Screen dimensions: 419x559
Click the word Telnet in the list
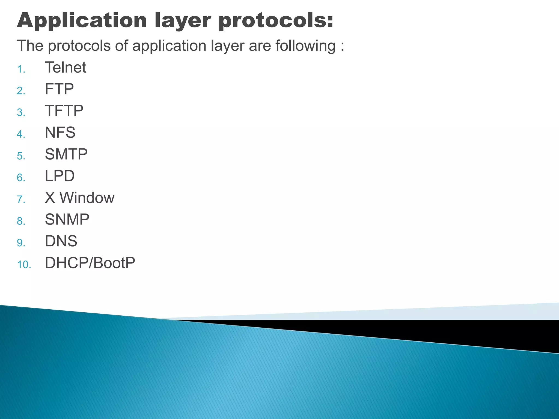66,67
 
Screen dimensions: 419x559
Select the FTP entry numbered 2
59,89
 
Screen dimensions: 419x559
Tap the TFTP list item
64,111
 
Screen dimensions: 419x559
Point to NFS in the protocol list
60,133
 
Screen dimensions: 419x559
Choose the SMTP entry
66,154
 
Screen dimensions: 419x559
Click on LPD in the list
60,176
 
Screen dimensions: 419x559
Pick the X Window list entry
79,198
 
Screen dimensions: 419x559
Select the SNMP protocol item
67,219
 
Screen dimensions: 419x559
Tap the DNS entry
61,241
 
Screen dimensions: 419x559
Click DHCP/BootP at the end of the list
90,263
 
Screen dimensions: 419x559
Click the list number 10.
24,265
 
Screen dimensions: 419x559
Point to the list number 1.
21,69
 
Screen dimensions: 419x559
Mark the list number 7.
21,200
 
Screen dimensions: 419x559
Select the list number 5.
21,156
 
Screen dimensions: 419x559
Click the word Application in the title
82,21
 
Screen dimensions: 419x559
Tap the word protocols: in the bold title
276,21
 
